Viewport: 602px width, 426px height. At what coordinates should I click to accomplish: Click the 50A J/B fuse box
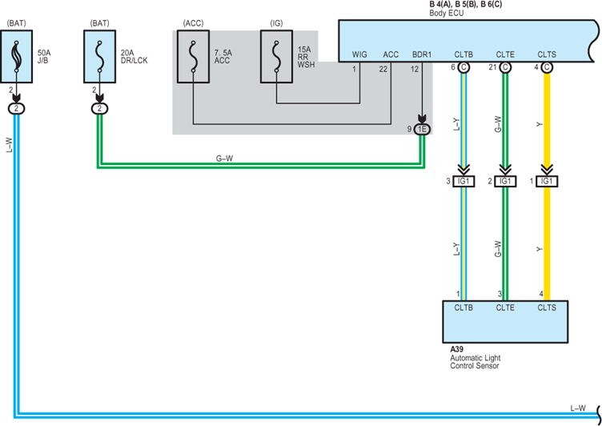point(17,57)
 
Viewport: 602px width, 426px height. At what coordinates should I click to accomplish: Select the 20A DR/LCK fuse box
point(100,57)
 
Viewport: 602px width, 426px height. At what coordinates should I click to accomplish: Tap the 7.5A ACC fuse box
point(193,57)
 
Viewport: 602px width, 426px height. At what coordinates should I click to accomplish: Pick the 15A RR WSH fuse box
point(276,57)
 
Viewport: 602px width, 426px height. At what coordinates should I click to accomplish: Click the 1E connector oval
point(422,130)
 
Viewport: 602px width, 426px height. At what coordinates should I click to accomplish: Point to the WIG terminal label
point(359,54)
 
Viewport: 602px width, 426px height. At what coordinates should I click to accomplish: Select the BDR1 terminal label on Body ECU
point(422,54)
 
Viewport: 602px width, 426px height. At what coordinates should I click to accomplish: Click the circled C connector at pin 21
point(505,67)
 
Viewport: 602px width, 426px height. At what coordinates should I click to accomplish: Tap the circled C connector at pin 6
point(464,67)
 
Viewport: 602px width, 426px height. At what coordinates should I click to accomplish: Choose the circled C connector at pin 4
point(547,67)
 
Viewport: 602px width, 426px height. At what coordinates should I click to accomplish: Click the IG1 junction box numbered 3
point(464,181)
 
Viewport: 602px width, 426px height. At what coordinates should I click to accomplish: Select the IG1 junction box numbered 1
point(547,181)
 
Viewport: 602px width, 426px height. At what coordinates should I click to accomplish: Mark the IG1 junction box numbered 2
point(505,181)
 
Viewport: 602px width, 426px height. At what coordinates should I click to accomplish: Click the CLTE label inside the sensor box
point(505,307)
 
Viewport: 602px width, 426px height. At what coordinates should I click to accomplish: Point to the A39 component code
point(457,349)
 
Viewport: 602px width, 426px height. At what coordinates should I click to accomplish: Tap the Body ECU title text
point(447,13)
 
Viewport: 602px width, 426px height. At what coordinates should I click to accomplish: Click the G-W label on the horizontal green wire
point(224,159)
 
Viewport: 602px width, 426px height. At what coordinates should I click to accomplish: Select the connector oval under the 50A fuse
point(16,109)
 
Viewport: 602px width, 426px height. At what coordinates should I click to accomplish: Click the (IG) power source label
point(276,23)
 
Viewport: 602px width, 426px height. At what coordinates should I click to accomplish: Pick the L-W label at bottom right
point(578,408)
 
